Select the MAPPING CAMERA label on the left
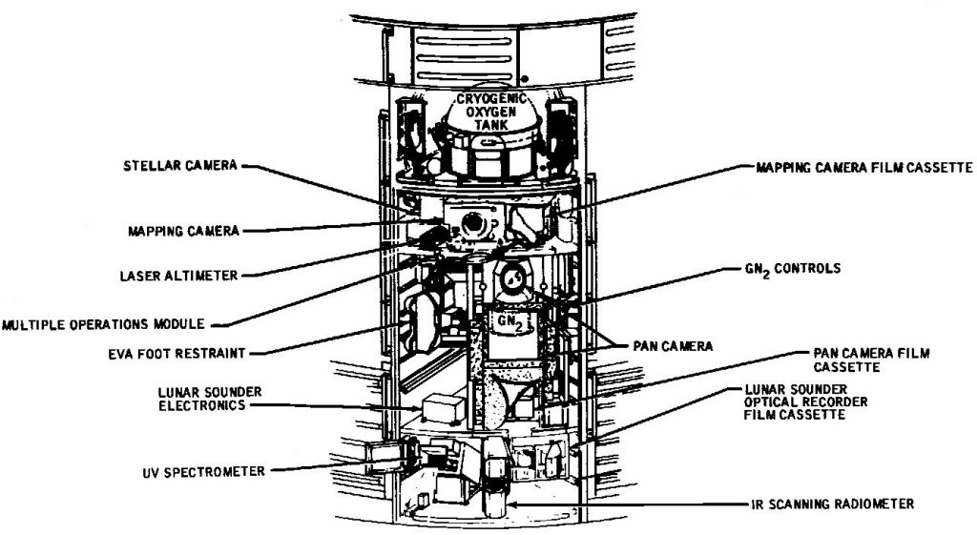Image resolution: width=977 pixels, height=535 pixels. [x=182, y=230]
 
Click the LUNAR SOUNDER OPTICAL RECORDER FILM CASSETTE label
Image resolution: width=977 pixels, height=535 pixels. [x=807, y=402]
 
